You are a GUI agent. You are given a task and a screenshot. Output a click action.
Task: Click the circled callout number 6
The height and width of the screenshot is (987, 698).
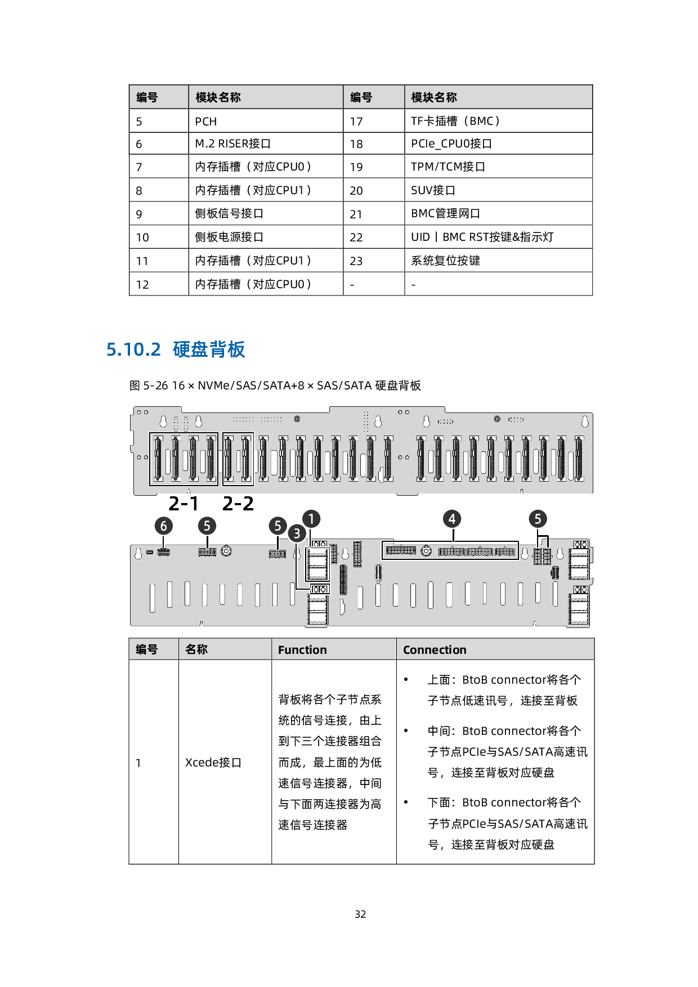[x=164, y=526]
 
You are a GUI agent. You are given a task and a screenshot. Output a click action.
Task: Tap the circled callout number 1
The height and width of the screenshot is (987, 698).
[x=311, y=519]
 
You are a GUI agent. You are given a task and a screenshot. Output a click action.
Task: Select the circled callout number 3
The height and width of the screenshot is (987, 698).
[x=297, y=533]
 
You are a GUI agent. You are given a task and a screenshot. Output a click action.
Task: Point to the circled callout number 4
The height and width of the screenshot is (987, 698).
[x=452, y=519]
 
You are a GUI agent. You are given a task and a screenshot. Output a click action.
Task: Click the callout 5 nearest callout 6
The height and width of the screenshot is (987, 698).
[x=207, y=526]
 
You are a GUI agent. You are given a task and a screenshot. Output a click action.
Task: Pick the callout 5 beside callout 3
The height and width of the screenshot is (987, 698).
[x=278, y=526]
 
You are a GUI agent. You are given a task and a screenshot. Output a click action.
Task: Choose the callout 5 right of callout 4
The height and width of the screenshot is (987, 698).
[x=538, y=519]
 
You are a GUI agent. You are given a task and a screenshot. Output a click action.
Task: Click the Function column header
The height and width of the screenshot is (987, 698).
[x=302, y=650]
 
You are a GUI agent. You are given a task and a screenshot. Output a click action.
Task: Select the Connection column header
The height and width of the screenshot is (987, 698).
[x=435, y=650]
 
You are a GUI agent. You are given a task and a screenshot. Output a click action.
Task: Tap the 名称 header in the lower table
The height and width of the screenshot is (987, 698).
[x=196, y=649]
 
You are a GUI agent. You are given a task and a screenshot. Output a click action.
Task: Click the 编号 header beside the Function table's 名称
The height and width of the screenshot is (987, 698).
[x=147, y=649]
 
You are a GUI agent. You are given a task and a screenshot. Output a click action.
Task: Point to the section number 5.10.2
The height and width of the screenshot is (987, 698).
[x=133, y=349]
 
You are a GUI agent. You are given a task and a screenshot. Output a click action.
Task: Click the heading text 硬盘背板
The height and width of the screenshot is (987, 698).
[x=209, y=349]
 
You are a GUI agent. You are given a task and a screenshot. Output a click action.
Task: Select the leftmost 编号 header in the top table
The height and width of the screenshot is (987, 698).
[x=147, y=97]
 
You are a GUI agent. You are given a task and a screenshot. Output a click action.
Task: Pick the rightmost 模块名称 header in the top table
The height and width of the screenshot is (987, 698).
[x=434, y=97]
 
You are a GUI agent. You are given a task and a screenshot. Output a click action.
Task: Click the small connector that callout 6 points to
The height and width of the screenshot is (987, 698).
[x=163, y=553]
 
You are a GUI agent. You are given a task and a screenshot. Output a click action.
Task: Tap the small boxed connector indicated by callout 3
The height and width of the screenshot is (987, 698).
[x=319, y=589]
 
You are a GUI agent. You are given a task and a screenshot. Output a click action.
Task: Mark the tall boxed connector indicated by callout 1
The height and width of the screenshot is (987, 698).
[x=317, y=564]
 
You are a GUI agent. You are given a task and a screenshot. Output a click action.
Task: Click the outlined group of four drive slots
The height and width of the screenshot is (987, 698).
[x=184, y=459]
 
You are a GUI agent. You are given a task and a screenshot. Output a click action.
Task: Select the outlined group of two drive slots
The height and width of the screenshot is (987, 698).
[x=238, y=459]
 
